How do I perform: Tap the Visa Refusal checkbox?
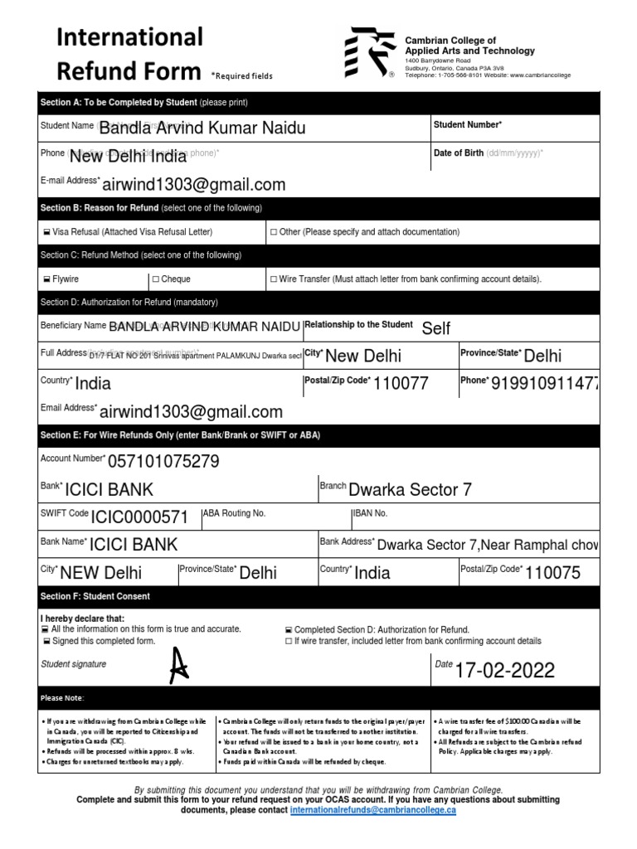(45, 232)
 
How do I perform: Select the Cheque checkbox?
(156, 279)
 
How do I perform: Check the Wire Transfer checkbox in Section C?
(274, 279)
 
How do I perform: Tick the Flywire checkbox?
(45, 279)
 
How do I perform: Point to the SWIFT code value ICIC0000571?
(139, 517)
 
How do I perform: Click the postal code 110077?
(401, 383)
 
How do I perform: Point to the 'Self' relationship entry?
(436, 328)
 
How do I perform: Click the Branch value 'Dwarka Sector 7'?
(410, 489)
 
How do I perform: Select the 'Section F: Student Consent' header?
(95, 597)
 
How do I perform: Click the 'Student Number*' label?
(468, 124)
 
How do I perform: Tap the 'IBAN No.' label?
(370, 513)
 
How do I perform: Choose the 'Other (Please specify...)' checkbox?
(274, 232)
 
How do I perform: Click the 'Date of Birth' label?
(459, 153)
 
